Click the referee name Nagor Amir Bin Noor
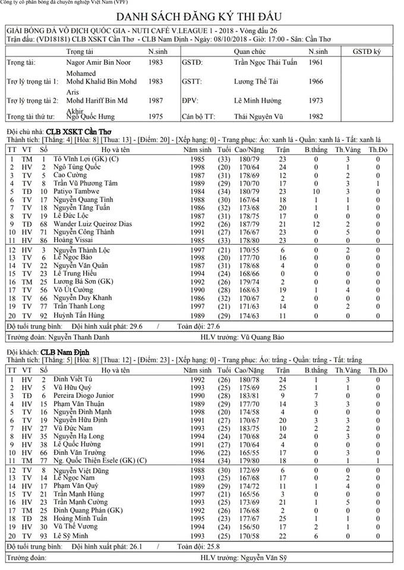[97, 62]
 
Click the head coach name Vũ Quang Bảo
[258, 337]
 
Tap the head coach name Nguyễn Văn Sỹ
[258, 559]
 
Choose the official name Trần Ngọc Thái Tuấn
[264, 62]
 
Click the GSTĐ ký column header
[367, 52]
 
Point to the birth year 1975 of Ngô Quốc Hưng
[156, 117]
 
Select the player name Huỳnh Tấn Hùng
[78, 315]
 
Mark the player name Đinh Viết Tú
[73, 379]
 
